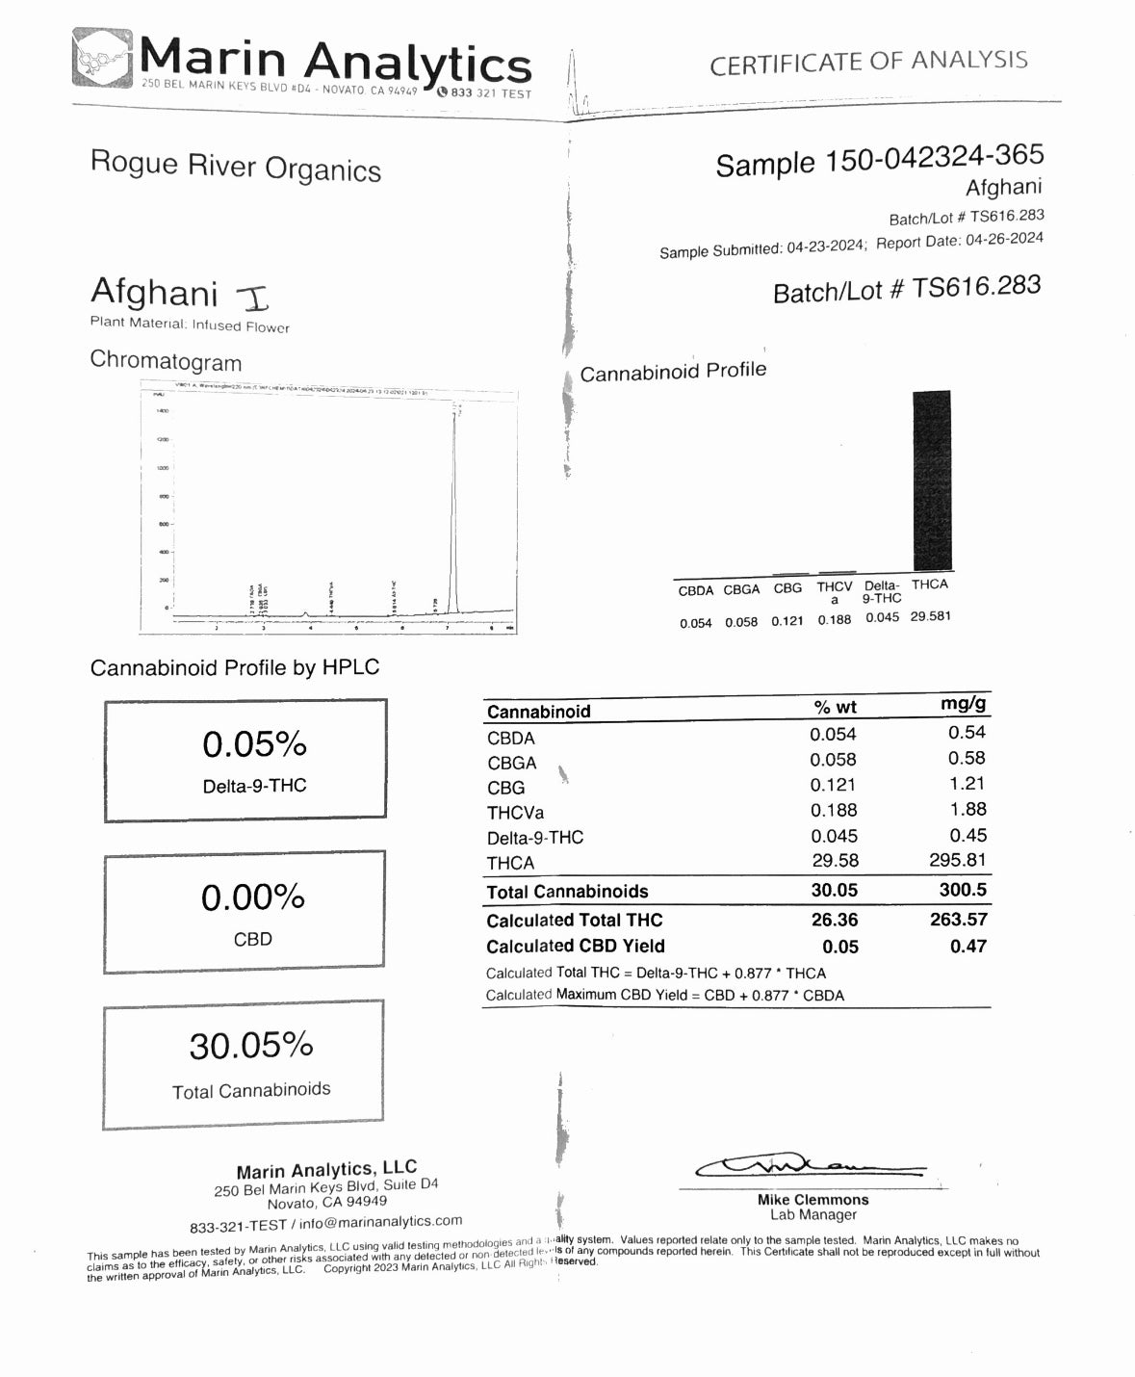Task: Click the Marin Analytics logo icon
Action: coord(102,60)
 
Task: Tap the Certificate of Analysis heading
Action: coord(868,63)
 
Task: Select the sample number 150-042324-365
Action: coord(933,157)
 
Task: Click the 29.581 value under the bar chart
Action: coord(930,616)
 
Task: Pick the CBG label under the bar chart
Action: coord(787,588)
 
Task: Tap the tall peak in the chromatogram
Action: coord(454,510)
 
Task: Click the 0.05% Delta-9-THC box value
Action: coord(254,744)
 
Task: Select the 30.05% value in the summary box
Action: coord(251,1046)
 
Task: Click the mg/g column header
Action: coord(963,704)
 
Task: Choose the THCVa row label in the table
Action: coord(515,812)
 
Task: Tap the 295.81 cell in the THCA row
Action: coord(957,860)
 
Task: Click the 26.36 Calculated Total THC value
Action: coord(834,920)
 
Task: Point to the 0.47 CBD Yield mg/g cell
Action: coord(967,946)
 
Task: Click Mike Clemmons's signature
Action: coord(809,1167)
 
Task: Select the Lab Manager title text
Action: coord(813,1215)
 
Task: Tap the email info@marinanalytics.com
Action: coord(380,1222)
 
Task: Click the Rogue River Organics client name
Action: coord(236,166)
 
